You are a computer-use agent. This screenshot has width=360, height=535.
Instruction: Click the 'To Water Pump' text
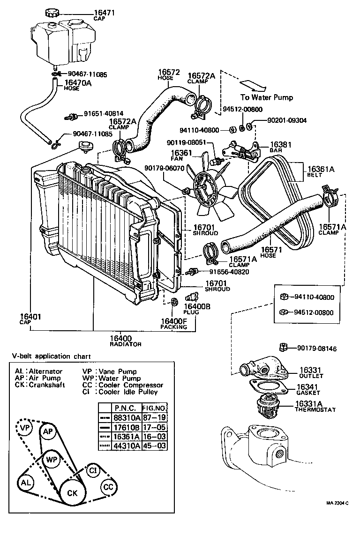267,97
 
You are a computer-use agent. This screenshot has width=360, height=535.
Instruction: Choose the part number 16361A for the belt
322,170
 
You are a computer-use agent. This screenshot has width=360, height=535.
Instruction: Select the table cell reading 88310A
127,417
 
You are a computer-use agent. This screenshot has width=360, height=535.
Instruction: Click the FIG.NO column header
154,408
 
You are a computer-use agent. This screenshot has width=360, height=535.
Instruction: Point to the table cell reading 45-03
154,446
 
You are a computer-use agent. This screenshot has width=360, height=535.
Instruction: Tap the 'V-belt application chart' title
52,356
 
